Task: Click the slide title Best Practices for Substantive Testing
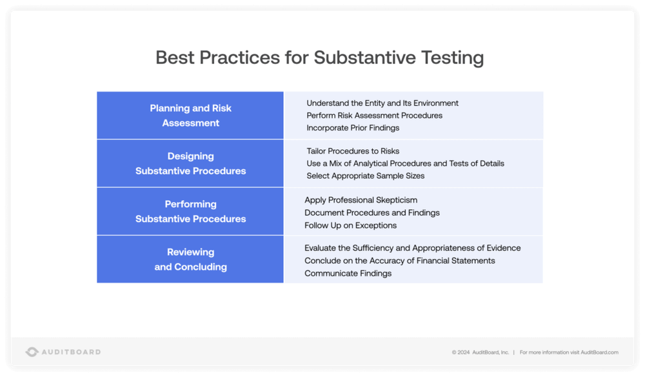click(320, 57)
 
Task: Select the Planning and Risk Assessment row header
click(190, 116)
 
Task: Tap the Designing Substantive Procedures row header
click(190, 163)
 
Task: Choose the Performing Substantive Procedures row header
click(190, 211)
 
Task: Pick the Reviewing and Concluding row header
click(190, 259)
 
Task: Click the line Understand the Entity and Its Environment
click(382, 103)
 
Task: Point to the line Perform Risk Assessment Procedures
click(374, 116)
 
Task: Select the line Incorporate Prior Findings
click(353, 128)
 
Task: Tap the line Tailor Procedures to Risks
click(353, 151)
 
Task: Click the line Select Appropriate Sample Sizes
click(365, 176)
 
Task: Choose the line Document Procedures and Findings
click(372, 212)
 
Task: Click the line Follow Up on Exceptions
click(350, 225)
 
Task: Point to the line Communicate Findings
click(348, 273)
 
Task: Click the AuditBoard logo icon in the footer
click(32, 352)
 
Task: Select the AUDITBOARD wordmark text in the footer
click(71, 352)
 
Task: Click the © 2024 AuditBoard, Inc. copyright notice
click(480, 352)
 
